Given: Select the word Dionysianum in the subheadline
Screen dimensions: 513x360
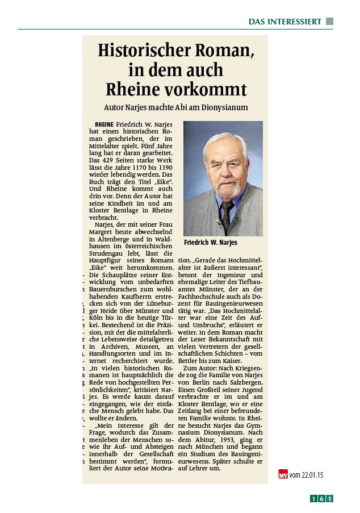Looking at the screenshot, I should tap(221, 107).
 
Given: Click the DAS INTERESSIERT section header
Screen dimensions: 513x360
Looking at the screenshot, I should tap(284, 22).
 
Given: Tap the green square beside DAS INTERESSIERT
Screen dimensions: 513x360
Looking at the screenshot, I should tap(329, 22).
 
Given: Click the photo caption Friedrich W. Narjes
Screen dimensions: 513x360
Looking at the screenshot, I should tap(211, 243).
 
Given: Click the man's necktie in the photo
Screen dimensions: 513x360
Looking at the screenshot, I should tap(227, 212).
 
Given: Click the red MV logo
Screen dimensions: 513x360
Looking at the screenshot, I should tap(283, 474).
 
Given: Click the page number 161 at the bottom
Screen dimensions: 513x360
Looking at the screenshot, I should tap(321, 499).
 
